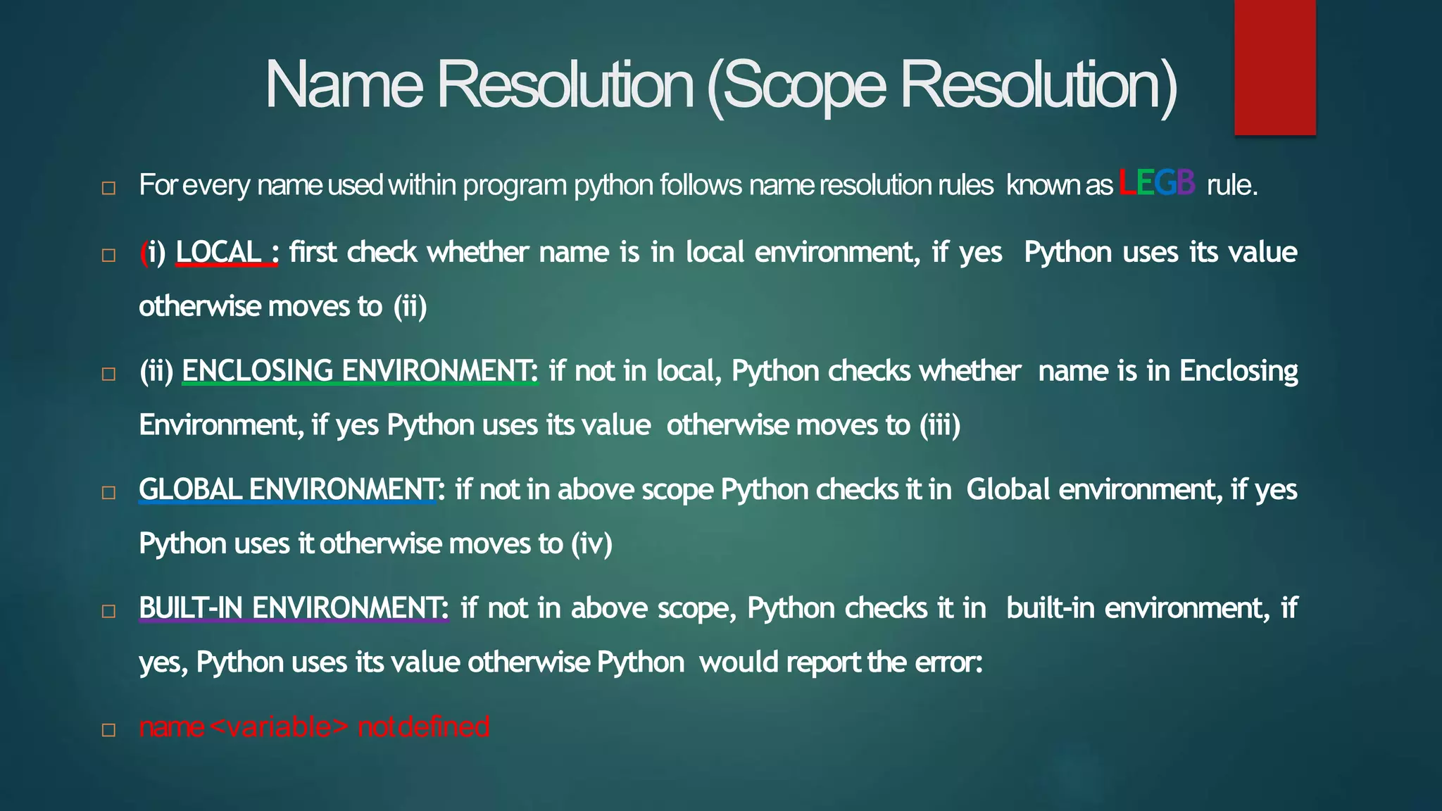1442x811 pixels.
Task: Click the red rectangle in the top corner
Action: coord(1274,67)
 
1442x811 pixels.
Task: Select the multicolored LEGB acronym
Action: coord(1157,183)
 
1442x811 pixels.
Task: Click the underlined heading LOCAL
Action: coord(219,252)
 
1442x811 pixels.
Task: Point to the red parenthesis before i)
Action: coord(143,253)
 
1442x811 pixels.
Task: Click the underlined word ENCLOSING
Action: coord(258,370)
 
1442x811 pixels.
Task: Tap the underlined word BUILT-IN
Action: coord(191,608)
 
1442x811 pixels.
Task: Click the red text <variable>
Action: coord(279,727)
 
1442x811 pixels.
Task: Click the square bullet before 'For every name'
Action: coord(108,188)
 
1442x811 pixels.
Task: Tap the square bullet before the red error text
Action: coord(108,729)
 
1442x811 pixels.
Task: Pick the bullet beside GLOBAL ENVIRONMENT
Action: coord(108,492)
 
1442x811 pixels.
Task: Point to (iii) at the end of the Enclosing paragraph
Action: coord(940,425)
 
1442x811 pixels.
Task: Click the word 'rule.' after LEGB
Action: coord(1231,185)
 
